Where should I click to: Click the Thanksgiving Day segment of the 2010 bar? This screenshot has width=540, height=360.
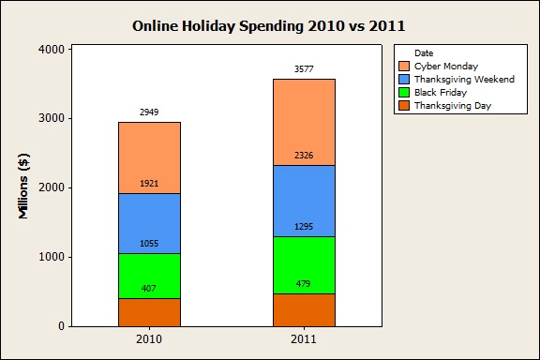coord(150,313)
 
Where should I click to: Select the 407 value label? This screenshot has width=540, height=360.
coord(150,288)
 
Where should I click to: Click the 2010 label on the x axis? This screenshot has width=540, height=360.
coord(150,338)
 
